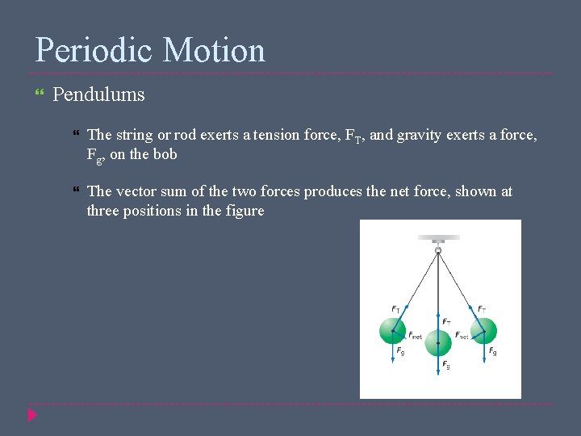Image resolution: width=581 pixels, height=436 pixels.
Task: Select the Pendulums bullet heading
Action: [98, 94]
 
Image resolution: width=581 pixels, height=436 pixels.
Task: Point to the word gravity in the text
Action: [416, 135]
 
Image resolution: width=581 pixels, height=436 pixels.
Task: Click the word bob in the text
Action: [165, 154]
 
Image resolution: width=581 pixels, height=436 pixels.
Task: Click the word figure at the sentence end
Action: [245, 211]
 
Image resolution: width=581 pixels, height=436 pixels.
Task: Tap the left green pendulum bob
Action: [393, 331]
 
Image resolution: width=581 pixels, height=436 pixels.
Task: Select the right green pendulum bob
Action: [483, 331]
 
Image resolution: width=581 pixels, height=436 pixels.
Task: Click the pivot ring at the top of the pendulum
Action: [438, 251]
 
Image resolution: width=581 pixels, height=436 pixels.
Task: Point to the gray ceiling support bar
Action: [438, 238]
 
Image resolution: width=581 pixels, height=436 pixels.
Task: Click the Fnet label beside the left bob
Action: [415, 336]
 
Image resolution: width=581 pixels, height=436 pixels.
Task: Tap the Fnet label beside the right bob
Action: [462, 335]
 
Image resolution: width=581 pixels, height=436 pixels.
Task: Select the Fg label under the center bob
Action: [446, 365]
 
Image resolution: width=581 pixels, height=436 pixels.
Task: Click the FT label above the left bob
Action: [395, 309]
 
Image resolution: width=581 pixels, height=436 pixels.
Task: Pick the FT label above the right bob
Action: [481, 309]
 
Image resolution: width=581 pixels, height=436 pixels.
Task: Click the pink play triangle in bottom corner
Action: [32, 416]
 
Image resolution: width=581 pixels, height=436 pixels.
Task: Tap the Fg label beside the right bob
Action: [492, 352]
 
